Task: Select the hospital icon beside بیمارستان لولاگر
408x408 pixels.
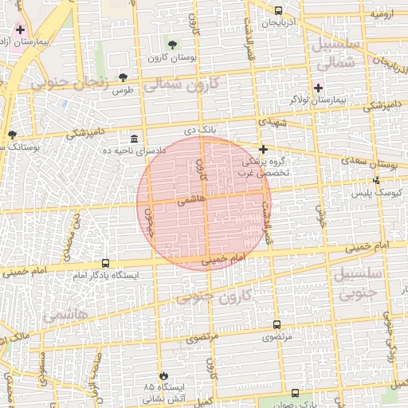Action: click(319, 87)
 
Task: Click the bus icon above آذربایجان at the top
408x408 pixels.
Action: click(278, 11)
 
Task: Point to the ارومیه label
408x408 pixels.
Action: click(382, 14)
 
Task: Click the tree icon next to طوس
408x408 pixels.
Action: click(123, 77)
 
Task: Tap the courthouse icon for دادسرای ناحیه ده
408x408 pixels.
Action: click(134, 139)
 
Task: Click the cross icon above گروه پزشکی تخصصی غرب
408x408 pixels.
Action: click(263, 149)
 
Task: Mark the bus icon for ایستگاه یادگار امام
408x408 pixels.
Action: click(106, 263)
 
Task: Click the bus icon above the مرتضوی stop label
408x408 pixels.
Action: click(277, 324)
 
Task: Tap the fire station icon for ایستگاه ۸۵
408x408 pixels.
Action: click(164, 375)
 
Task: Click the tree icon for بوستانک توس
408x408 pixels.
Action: click(11, 135)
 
